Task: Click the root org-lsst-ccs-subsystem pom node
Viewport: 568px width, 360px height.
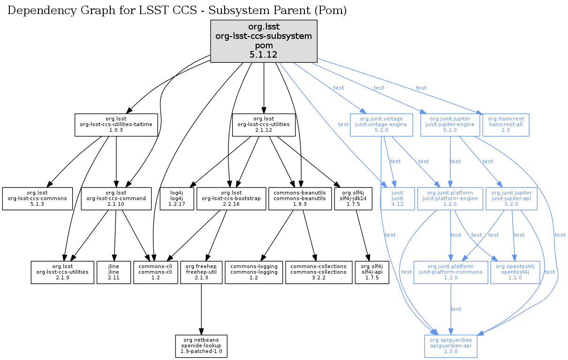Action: click(264, 41)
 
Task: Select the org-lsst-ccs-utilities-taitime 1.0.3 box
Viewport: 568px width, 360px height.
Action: click(116, 125)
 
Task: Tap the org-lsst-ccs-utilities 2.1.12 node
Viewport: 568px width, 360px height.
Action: click(264, 125)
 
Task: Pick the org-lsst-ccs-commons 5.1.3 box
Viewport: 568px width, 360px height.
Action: click(38, 199)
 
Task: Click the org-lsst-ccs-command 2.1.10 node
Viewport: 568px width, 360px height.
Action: click(116, 199)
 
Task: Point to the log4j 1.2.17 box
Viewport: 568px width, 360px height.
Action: click(176, 199)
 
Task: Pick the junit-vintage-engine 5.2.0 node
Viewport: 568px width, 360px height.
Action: click(381, 125)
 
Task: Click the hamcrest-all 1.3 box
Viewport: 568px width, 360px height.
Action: click(506, 125)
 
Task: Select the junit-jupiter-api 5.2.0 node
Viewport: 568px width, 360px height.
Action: click(511, 199)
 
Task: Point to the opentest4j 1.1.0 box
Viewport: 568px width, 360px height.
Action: click(514, 272)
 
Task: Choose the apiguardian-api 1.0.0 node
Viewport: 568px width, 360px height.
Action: click(451, 346)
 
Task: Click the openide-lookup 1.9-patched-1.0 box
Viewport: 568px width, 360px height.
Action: click(201, 346)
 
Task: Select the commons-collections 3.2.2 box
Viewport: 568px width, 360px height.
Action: click(318, 272)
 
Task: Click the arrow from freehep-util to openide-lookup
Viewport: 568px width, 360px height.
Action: click(201, 309)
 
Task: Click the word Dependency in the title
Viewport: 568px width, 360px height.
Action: click(36, 10)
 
